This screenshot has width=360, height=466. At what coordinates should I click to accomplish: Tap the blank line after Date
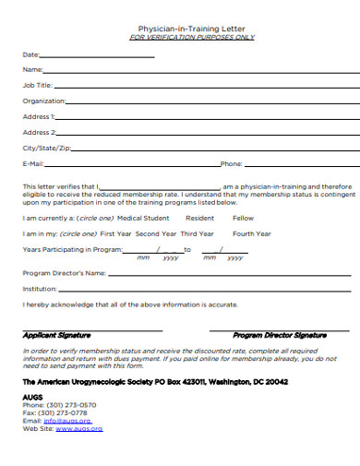click(97, 54)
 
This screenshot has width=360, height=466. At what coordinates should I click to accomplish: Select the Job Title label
click(37, 85)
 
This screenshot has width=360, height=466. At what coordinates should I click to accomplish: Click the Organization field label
click(43, 101)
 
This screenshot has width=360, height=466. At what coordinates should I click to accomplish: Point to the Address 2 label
click(39, 132)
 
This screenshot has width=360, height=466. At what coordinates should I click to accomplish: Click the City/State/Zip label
click(46, 148)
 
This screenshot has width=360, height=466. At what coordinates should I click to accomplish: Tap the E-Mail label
click(33, 163)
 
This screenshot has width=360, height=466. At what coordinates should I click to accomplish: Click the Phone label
click(231, 163)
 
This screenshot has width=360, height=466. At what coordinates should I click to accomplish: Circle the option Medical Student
click(143, 218)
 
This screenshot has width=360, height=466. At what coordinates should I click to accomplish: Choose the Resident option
click(199, 218)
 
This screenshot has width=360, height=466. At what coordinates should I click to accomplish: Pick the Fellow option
click(243, 218)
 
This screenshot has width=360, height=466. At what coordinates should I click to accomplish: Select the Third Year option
click(197, 233)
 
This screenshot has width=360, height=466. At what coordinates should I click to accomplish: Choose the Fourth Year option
click(251, 233)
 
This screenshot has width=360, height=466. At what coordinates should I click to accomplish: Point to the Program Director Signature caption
click(280, 335)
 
